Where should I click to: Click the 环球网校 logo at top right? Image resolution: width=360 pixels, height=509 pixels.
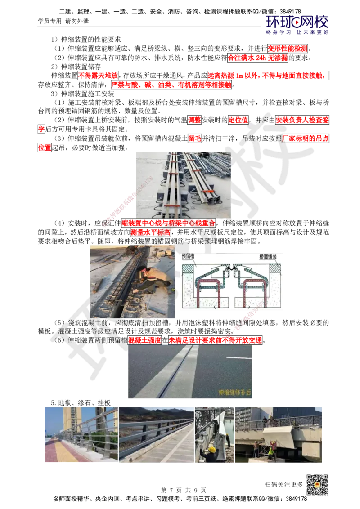coord(297,25)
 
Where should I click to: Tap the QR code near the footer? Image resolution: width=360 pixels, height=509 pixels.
coord(317,485)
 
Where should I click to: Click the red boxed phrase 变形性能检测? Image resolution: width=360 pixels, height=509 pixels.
coord(288,49)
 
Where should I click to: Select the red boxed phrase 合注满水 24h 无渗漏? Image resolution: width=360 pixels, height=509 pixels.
coord(258,58)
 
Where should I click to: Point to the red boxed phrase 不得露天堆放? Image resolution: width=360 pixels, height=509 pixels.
coord(98,76)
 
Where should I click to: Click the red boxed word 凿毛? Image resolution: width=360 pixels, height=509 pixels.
coord(194,138)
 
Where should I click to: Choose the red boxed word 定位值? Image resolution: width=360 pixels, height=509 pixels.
coord(238,120)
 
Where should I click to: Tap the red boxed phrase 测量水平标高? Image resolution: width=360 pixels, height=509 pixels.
coord(150,232)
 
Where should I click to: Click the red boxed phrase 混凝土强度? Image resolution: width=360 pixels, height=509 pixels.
coord(144,340)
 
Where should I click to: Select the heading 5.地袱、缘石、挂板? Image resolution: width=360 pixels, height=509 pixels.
coord(81,402)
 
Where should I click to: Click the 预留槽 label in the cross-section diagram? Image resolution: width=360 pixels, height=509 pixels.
coord(188,256)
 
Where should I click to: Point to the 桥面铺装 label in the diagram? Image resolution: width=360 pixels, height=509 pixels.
coord(268,256)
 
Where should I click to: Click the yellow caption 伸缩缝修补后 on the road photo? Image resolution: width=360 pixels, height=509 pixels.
coord(234,393)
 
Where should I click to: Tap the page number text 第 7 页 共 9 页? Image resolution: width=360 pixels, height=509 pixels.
coord(184,490)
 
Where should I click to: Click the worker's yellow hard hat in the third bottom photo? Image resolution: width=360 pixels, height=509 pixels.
coord(212,449)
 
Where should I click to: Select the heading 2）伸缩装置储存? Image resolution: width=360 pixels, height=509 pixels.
coord(76,67)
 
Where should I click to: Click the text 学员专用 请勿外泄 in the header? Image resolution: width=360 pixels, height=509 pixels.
coord(63,22)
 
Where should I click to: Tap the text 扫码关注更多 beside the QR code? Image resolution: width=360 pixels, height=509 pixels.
coord(284,484)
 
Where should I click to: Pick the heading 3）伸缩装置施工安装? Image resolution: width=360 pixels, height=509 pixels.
coord(82,94)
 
